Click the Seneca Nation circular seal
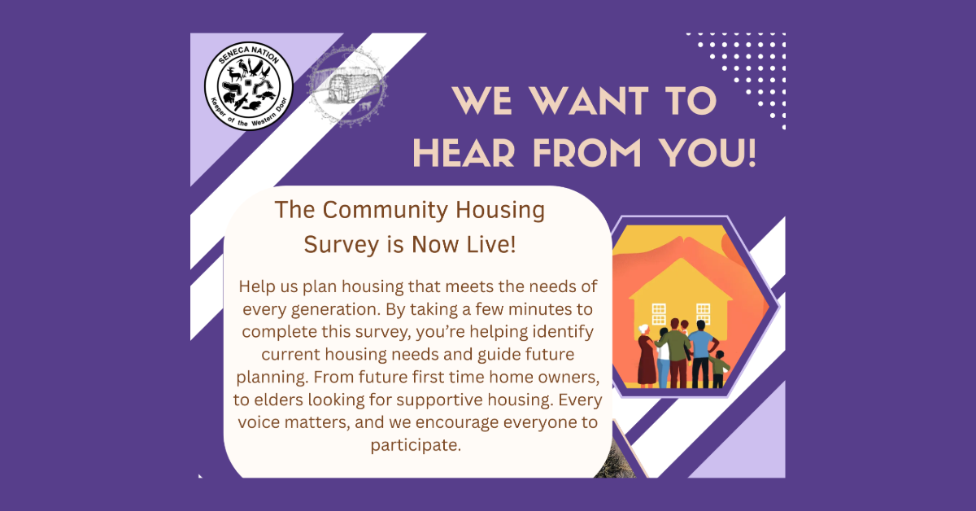tap(249, 86)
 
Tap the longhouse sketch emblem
tap(346, 86)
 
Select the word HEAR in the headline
tap(464, 153)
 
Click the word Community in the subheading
tap(386, 211)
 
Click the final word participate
tap(416, 446)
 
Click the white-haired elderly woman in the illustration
tap(646, 356)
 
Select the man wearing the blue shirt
tap(700, 354)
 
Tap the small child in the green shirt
tap(719, 369)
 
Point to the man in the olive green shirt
tap(675, 353)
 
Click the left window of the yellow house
tap(658, 314)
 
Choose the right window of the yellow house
tap(703, 314)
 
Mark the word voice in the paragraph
tap(259, 422)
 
